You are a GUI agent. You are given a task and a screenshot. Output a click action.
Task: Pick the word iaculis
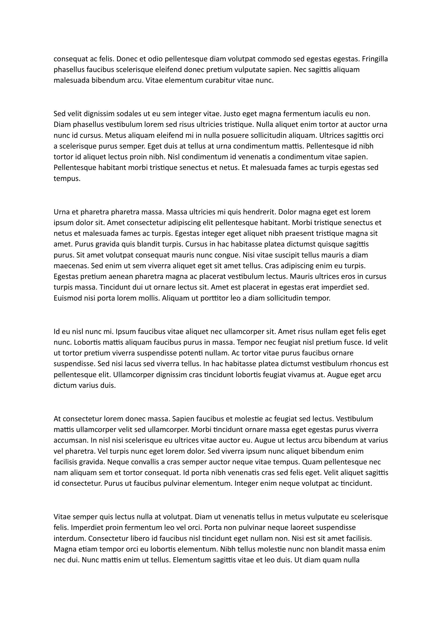(336, 113)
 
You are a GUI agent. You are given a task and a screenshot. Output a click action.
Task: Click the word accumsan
(69, 440)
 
